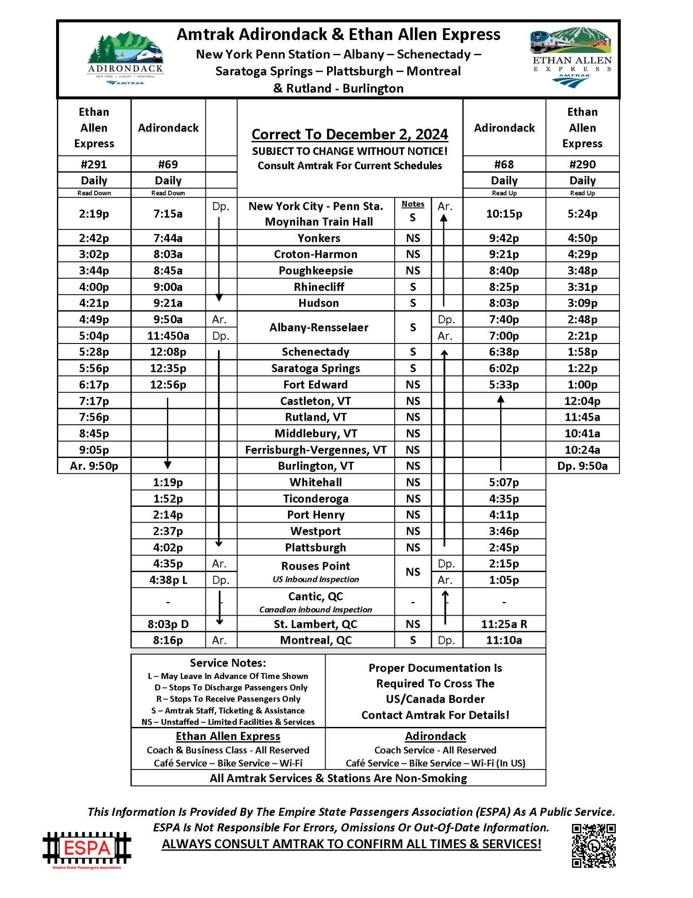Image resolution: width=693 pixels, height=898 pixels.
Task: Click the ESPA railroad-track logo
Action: (87, 848)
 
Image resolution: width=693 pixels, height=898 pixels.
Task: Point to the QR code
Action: (593, 845)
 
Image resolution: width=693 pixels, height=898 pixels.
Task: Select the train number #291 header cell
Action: (94, 164)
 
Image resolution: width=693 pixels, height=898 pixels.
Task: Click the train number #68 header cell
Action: (504, 164)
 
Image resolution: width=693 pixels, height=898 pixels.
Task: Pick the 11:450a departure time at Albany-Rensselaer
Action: (168, 336)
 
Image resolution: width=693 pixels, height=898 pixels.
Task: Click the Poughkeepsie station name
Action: (315, 271)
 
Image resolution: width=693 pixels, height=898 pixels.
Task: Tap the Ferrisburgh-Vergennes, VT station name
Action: (315, 450)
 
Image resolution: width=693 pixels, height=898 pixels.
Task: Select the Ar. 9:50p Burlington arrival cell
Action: (94, 466)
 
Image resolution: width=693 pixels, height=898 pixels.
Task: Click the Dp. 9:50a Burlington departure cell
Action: (582, 466)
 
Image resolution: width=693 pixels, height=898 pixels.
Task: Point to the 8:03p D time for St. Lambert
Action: (168, 624)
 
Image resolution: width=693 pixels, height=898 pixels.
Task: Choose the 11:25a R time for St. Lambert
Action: (504, 624)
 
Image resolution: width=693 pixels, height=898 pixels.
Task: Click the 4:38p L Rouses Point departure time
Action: (168, 580)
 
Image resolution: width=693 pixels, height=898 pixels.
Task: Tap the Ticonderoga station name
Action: (315, 499)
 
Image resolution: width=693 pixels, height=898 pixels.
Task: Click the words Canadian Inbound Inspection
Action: (315, 610)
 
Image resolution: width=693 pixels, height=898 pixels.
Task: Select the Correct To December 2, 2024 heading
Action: (349, 134)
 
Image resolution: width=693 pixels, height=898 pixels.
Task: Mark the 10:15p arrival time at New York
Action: (504, 214)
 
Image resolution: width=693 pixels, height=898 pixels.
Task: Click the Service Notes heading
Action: (227, 663)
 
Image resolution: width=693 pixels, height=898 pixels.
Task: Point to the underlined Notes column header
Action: (413, 204)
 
